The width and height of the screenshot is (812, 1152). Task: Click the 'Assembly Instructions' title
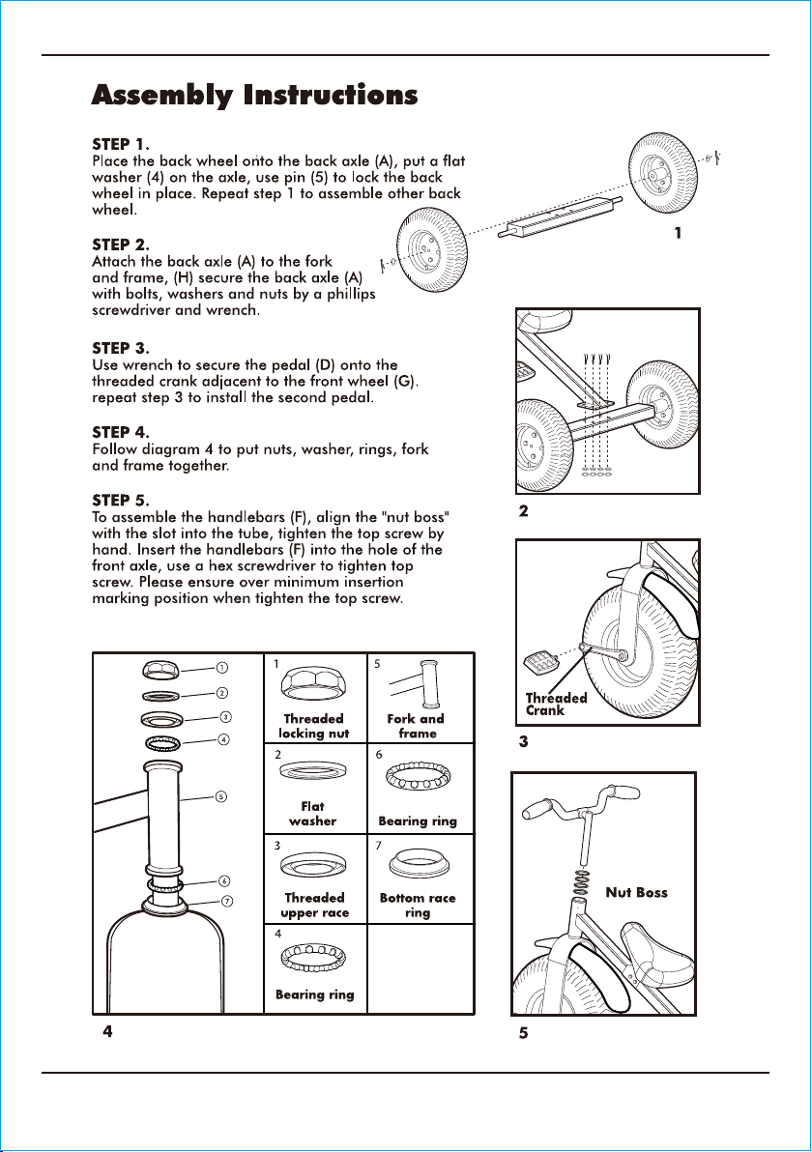[254, 96]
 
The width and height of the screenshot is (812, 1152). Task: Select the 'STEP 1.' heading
[121, 144]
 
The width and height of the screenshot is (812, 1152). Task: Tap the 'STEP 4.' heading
[121, 432]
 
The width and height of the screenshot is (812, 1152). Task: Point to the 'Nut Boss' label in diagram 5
[636, 893]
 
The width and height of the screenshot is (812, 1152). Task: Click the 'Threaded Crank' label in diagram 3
[556, 704]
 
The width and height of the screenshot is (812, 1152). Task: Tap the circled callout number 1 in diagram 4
[221, 667]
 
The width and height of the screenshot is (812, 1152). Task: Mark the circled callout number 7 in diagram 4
[227, 901]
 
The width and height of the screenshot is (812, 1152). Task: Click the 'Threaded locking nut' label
[314, 726]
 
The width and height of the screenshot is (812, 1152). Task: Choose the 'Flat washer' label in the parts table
[312, 814]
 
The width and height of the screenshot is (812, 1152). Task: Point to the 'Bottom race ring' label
[418, 906]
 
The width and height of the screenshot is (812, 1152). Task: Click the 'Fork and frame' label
[416, 726]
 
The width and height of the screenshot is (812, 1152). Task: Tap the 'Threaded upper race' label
[314, 906]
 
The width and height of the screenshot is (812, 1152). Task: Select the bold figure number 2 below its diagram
[523, 510]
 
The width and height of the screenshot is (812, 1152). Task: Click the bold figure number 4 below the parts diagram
[108, 1031]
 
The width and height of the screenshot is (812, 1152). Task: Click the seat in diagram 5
[656, 953]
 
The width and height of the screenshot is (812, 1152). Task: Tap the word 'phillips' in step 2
[351, 294]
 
